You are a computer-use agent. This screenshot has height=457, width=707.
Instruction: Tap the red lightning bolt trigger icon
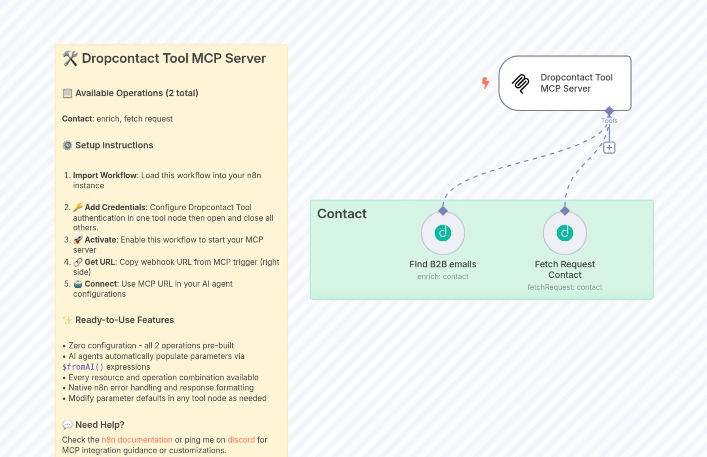[x=486, y=83]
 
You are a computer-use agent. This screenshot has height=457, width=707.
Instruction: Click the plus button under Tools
[x=609, y=148]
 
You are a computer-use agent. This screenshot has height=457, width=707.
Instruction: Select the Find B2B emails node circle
[x=443, y=233]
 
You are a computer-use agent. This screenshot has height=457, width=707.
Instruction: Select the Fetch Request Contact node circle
[x=565, y=233]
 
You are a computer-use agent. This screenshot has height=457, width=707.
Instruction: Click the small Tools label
[x=609, y=121]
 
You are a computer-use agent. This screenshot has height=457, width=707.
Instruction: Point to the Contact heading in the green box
[x=342, y=214]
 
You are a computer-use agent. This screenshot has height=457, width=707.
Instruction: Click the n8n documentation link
[x=137, y=440]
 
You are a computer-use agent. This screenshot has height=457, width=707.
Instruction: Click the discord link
[x=241, y=440]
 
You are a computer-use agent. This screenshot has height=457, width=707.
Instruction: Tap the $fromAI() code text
[x=82, y=367]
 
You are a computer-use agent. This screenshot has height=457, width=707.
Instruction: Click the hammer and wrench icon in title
[x=70, y=58]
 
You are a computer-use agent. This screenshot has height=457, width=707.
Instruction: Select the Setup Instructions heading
[x=114, y=145]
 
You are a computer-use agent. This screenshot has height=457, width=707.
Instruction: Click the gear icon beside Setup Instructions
[x=67, y=145]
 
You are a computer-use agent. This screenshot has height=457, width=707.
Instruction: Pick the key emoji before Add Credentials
[x=78, y=207]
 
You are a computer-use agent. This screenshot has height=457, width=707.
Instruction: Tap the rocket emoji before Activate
[x=78, y=240]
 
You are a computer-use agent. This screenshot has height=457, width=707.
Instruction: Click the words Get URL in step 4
[x=100, y=262]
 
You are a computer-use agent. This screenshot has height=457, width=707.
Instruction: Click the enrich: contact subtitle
[x=443, y=276]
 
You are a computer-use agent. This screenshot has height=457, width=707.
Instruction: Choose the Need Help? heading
[x=100, y=425]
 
